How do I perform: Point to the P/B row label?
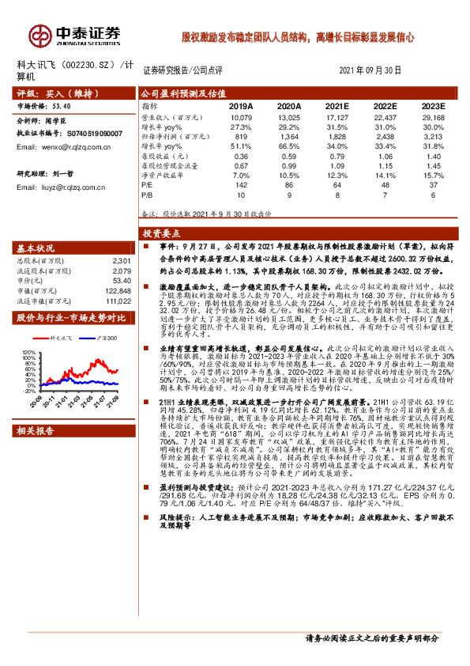[147, 192]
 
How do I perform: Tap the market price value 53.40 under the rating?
[62, 104]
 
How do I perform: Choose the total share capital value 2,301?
[121, 260]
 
